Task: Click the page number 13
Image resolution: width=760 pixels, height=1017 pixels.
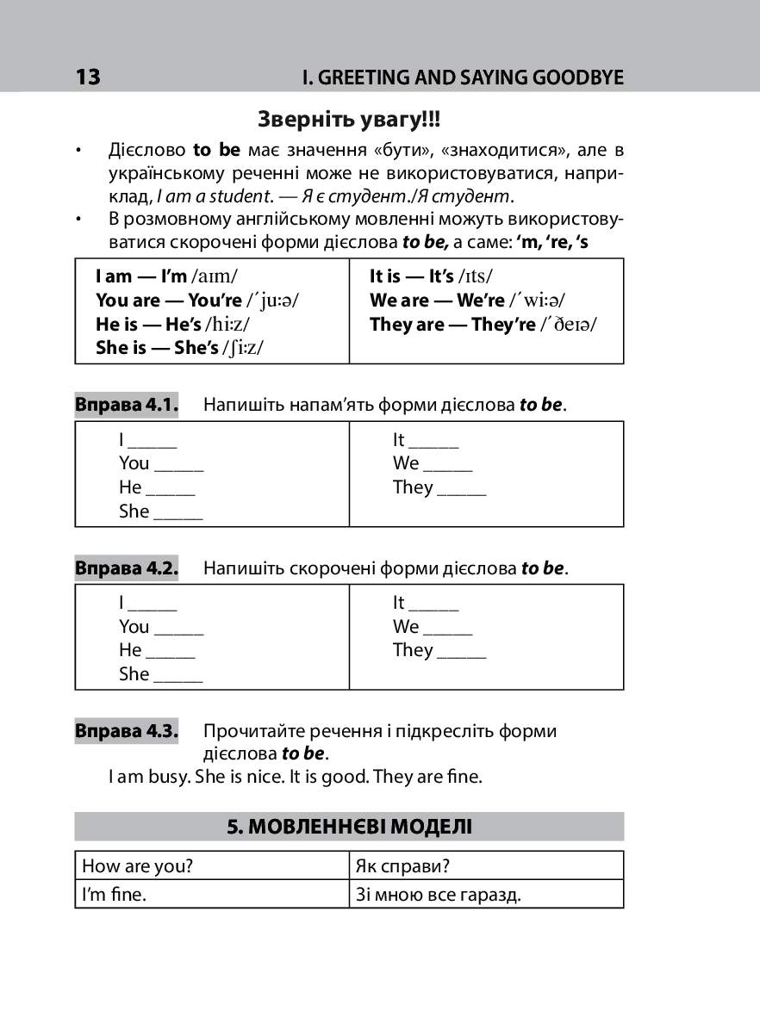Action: [88, 78]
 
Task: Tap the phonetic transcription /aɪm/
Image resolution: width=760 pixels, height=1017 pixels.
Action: [215, 276]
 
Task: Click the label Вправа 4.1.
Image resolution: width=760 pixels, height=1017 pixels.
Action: [126, 405]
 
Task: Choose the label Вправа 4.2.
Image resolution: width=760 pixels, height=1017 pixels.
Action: [126, 568]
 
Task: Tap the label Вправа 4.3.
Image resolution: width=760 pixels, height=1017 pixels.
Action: [126, 731]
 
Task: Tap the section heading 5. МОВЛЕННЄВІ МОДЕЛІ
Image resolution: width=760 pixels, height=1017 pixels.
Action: [349, 828]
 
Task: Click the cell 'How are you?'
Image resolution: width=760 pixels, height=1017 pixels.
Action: [137, 865]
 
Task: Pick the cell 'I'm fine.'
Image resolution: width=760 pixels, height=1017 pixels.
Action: [114, 895]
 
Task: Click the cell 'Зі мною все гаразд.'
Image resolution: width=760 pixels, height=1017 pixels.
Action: [439, 895]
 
